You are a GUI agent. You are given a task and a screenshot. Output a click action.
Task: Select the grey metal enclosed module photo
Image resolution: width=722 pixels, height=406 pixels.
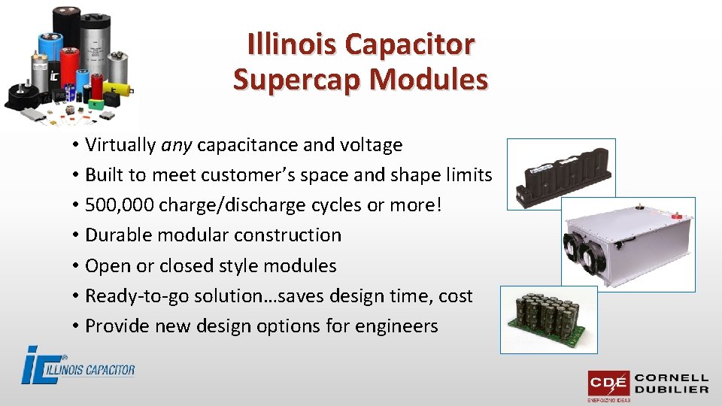[x=627, y=244]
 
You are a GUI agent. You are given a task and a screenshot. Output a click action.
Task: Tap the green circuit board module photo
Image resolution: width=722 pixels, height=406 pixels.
[x=548, y=319]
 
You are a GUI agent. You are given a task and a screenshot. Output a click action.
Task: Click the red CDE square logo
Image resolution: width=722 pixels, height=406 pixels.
[x=608, y=384]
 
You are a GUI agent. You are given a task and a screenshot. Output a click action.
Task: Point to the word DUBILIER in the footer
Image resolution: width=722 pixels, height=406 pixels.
[x=672, y=389]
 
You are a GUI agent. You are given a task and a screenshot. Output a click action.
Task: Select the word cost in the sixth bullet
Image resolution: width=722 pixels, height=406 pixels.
[x=455, y=296]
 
